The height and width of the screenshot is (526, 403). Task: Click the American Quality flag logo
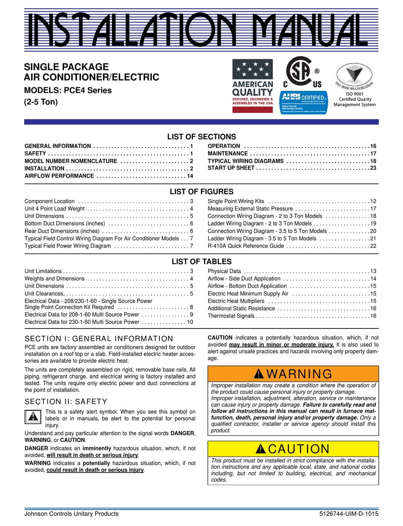tap(252, 86)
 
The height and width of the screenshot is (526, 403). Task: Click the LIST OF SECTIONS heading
tap(201, 136)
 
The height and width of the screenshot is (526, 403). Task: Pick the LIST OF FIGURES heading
tap(201, 192)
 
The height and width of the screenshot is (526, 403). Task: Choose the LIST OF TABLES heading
tap(201, 262)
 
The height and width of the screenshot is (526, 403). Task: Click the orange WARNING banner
tap(293, 374)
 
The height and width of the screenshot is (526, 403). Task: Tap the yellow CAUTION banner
tap(293, 449)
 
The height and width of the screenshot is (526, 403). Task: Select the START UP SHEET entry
tap(231, 168)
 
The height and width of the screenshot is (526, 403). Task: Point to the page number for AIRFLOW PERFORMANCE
tap(190, 176)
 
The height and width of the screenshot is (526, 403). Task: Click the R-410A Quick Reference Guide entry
tap(246, 246)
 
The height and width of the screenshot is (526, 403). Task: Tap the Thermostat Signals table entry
tap(231, 316)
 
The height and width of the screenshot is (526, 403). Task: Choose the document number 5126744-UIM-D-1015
tap(349, 514)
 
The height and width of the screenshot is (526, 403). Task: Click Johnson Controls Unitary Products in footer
tap(72, 514)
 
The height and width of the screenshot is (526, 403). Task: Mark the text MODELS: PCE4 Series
tap(68, 90)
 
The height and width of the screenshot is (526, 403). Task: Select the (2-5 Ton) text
tap(41, 102)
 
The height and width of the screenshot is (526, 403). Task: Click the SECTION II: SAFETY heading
tap(66, 401)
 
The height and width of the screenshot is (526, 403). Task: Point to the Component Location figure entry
tap(50, 201)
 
